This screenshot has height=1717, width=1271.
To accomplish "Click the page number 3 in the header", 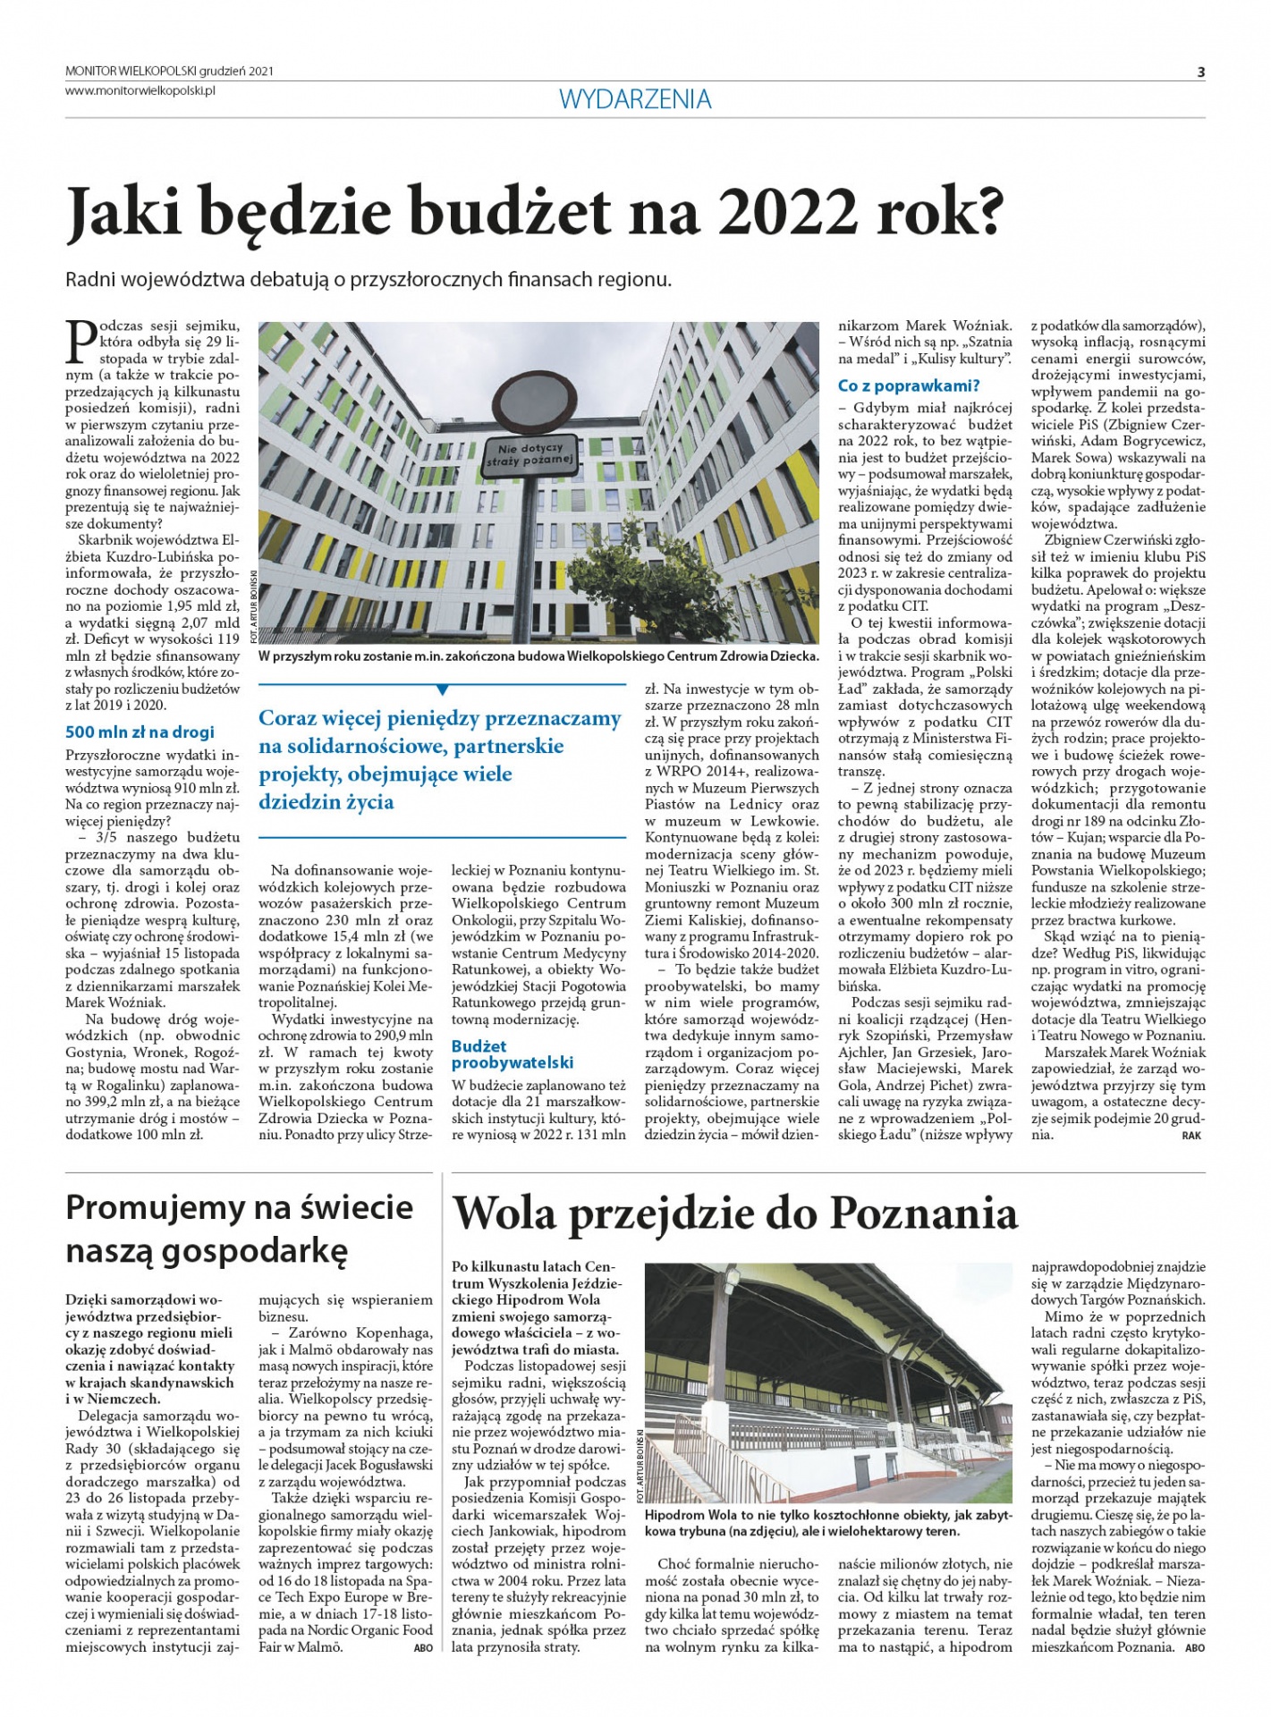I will pos(1201,72).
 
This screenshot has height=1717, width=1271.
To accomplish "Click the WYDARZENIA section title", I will pos(635,99).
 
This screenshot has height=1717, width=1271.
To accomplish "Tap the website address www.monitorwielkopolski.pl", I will pos(141,90).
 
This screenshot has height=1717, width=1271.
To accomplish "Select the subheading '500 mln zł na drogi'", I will pos(140,732).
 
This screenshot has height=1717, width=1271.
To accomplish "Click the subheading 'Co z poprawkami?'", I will pos(909,386).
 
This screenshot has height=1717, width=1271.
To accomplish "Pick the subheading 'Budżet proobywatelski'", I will pos(512,1054).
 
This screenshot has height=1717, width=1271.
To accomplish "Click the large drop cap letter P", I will pos(81,340).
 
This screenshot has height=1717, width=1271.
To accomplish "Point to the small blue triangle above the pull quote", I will pos(442,689).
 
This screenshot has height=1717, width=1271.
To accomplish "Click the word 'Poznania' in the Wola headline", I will pos(923,1214).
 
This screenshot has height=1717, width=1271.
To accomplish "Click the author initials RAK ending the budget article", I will pos(1191,1136).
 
